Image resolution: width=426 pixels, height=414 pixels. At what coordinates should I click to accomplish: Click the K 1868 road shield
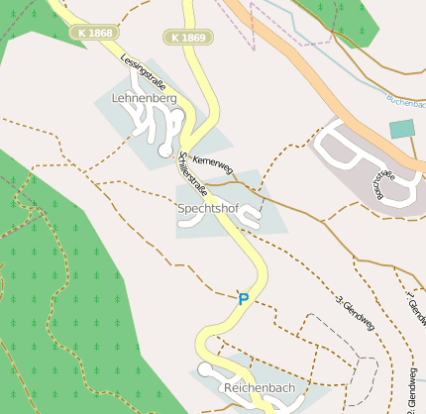(x=94, y=33)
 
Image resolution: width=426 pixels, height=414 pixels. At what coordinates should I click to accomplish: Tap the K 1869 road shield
(x=187, y=38)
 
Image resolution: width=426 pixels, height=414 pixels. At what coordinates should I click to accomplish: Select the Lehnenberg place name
(x=145, y=99)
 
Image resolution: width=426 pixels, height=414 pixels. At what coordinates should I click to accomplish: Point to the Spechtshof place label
(x=209, y=209)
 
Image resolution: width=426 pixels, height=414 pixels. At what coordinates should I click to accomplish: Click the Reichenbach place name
(x=260, y=387)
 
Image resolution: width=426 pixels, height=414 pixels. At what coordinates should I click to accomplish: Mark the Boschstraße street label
(x=381, y=182)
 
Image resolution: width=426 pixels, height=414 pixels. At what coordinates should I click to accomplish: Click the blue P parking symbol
(x=243, y=298)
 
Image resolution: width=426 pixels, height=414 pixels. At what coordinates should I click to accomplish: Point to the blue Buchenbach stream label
(x=406, y=102)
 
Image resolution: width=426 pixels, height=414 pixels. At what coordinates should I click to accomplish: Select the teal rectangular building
(x=401, y=129)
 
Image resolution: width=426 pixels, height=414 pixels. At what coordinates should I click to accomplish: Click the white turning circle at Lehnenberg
(x=164, y=151)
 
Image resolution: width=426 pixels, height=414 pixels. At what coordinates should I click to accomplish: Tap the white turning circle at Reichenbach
(x=205, y=369)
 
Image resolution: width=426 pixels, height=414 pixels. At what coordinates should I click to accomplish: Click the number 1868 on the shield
(x=100, y=33)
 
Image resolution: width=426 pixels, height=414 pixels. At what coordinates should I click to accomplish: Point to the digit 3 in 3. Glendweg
(x=338, y=298)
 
